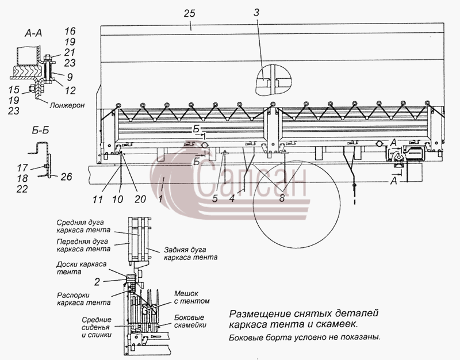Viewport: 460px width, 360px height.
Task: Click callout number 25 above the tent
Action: click(x=190, y=13)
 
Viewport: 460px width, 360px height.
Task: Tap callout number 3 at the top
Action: click(x=256, y=13)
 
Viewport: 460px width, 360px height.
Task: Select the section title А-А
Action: click(x=33, y=34)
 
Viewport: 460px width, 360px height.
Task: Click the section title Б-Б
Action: click(x=40, y=130)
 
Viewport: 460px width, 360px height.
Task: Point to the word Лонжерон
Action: click(x=67, y=105)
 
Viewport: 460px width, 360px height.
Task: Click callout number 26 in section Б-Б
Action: click(x=66, y=177)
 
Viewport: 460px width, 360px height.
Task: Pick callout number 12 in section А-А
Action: click(x=70, y=90)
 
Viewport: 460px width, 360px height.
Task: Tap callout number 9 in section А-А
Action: click(x=70, y=77)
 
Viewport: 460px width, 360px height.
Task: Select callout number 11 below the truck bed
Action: click(x=97, y=200)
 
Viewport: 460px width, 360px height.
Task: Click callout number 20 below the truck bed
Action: click(x=140, y=199)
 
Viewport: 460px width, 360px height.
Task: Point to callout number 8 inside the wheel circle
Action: click(x=282, y=198)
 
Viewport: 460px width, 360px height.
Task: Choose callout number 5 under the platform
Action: click(x=215, y=199)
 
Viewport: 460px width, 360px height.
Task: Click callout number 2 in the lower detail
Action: click(x=97, y=282)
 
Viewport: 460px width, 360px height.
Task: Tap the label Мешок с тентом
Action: click(x=192, y=297)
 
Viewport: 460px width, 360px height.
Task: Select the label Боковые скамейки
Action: click(x=190, y=321)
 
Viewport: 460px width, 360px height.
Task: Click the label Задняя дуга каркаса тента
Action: click(x=191, y=254)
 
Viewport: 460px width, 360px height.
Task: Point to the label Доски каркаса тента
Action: click(x=81, y=268)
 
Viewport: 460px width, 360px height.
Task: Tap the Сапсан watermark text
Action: click(x=250, y=180)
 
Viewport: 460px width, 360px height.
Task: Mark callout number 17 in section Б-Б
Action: click(x=22, y=168)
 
